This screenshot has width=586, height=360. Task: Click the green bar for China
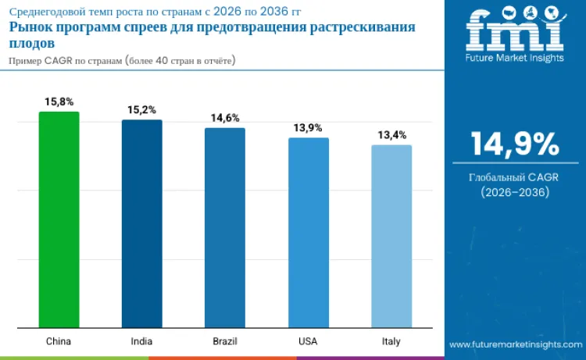(x=59, y=219)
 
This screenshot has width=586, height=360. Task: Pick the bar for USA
(x=308, y=233)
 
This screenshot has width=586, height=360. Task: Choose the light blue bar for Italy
(x=391, y=236)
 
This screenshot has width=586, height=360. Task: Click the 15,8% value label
(x=59, y=102)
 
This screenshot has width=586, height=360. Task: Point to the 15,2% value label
(x=141, y=110)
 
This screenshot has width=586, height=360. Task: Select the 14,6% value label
(x=225, y=118)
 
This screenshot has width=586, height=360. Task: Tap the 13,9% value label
(x=308, y=127)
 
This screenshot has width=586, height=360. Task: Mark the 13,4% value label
(x=391, y=135)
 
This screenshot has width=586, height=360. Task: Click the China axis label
(x=59, y=341)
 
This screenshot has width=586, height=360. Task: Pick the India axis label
(x=141, y=341)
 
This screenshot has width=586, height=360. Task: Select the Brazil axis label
(x=225, y=341)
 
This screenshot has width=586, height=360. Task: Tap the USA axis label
(x=308, y=341)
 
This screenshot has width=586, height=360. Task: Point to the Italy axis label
(x=391, y=341)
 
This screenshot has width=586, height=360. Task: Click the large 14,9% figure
(x=515, y=145)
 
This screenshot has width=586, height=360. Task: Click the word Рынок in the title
(x=29, y=27)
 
